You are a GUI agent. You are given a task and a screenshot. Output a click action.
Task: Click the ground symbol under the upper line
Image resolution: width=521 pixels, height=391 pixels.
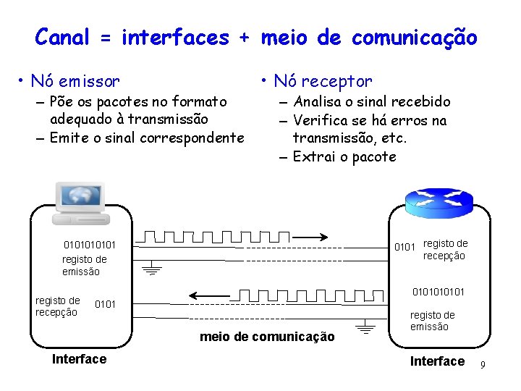click(x=152, y=269)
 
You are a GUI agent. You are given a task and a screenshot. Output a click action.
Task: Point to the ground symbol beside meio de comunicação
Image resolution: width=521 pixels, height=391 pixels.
click(x=366, y=329)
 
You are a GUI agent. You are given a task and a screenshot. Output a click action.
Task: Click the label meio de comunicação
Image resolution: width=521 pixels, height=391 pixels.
click(x=267, y=337)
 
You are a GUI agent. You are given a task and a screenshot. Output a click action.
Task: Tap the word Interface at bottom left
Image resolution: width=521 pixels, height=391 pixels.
click(x=79, y=359)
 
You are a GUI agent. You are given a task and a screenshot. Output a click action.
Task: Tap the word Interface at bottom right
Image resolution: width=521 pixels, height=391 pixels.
click(x=437, y=361)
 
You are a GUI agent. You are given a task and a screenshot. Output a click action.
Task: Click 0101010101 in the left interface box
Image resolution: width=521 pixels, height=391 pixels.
click(x=89, y=244)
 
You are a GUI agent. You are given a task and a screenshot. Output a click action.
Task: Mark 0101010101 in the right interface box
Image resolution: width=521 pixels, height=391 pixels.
click(x=438, y=292)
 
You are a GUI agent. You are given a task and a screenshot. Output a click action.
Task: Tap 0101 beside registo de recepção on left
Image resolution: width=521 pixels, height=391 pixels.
click(x=105, y=303)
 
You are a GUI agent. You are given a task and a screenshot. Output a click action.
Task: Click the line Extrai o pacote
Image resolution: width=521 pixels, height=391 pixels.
click(x=344, y=156)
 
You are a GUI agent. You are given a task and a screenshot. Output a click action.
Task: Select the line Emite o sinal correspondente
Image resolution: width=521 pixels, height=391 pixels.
click(x=147, y=138)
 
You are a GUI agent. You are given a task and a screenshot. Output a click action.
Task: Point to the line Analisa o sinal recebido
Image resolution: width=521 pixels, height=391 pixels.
click(x=371, y=102)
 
